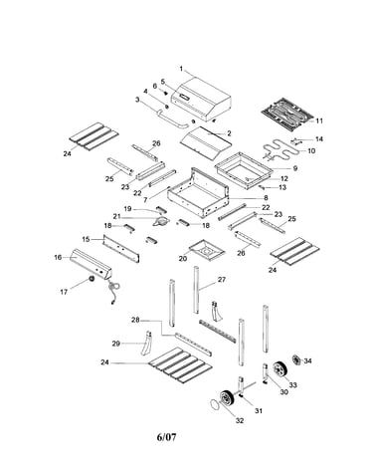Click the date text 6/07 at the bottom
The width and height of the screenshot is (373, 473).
(166, 437)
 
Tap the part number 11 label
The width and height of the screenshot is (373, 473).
(319, 120)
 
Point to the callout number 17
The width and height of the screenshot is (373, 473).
(64, 292)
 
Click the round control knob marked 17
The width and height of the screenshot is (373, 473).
(91, 279)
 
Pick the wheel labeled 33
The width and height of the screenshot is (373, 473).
(280, 369)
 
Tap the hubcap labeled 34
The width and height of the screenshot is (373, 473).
(296, 359)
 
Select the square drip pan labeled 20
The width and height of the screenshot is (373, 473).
(207, 250)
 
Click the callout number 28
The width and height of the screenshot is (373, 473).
(135, 320)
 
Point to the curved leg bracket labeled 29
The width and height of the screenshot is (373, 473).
(146, 344)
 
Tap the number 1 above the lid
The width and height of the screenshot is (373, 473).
(181, 69)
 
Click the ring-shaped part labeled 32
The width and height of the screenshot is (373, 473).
(215, 405)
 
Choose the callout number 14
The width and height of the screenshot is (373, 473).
(319, 139)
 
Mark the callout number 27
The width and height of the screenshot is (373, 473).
(221, 280)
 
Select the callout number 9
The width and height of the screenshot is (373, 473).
(295, 168)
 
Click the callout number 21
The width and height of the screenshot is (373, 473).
(116, 216)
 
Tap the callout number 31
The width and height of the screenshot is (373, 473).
(259, 410)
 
